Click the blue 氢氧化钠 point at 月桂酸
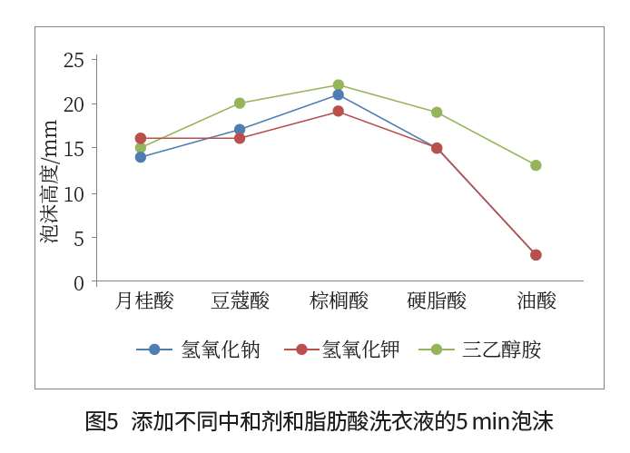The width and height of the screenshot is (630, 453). (141, 157)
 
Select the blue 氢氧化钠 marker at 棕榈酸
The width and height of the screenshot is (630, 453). (339, 94)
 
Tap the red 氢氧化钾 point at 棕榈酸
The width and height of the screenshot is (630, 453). (339, 112)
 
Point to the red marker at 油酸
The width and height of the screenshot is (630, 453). (536, 255)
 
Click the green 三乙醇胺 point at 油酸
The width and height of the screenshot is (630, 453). (536, 165)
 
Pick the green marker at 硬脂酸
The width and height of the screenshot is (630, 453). (437, 113)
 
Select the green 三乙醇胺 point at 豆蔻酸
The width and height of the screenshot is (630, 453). (240, 103)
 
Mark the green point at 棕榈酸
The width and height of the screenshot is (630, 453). (339, 85)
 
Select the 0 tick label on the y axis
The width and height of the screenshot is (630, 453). (79, 283)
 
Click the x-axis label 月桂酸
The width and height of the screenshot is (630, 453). (142, 301)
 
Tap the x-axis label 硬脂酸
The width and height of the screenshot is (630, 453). (437, 301)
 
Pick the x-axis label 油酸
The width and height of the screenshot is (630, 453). (536, 301)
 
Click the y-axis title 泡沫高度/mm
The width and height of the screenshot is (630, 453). (49, 182)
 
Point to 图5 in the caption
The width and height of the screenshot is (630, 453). (102, 422)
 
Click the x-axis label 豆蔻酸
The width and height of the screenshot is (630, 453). (240, 301)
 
